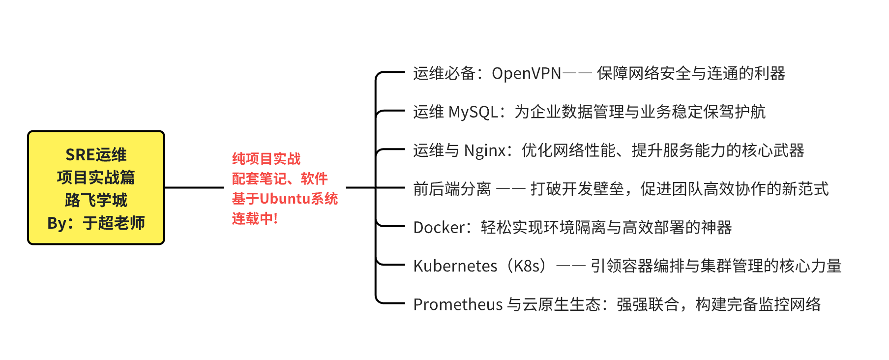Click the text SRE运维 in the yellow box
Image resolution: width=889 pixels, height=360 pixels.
tap(96, 155)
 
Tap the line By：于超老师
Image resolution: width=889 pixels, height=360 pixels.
tap(96, 223)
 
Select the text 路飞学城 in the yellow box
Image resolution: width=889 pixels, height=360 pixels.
tap(96, 200)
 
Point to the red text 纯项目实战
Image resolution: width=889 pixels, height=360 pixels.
tap(266, 159)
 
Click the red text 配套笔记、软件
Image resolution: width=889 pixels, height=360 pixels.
tap(279, 179)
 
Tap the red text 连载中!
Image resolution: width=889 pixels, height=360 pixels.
tap(255, 218)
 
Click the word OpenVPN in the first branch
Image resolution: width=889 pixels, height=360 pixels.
tap(526, 73)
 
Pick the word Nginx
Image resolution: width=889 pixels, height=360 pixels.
tap(485, 150)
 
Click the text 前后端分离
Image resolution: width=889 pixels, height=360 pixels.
tap(452, 189)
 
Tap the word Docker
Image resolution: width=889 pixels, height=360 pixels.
tap(439, 227)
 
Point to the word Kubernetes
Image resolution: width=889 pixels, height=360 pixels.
tap(455, 266)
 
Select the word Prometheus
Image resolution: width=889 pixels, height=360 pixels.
tap(458, 304)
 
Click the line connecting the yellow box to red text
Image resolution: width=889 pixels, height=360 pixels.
tap(194, 187)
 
